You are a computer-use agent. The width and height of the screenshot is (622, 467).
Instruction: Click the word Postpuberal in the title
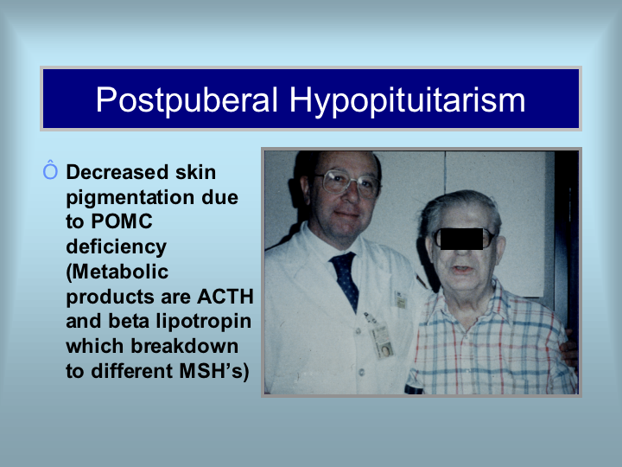pos(187,100)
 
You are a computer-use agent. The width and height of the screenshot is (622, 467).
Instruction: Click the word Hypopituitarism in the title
pos(408,101)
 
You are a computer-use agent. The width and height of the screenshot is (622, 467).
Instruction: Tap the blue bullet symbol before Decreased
pos(50,170)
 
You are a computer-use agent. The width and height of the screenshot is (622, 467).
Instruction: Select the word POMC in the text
pos(122,221)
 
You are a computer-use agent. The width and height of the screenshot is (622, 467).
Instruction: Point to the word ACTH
pos(225,297)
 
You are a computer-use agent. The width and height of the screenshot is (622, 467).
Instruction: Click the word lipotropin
pos(204,322)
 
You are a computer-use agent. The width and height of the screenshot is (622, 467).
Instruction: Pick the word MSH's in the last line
pos(214,371)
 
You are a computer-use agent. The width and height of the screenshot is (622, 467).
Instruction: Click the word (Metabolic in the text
pos(117,272)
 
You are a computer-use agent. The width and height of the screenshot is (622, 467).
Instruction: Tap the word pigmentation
pos(129,198)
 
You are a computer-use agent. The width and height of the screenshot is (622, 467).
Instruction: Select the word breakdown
pos(185,346)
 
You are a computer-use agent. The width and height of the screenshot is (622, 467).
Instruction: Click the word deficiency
pos(117,247)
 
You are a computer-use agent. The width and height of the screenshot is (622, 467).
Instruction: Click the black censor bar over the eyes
pos(461,239)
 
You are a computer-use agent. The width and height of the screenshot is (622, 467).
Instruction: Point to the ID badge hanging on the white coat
pos(381,340)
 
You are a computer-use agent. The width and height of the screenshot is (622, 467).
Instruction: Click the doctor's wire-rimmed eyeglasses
pos(347,184)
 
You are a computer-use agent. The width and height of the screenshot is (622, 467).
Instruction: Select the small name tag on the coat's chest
pos(400,299)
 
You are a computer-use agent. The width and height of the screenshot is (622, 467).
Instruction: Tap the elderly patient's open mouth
pos(462,270)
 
